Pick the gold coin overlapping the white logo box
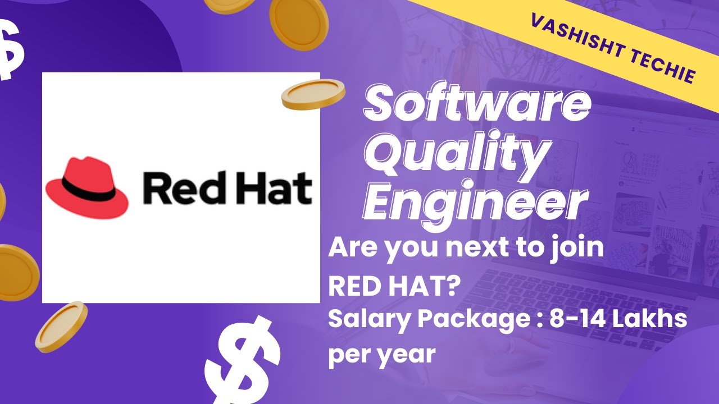pos(313,94)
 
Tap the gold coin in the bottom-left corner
pos(61,327)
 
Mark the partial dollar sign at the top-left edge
pos(11,50)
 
